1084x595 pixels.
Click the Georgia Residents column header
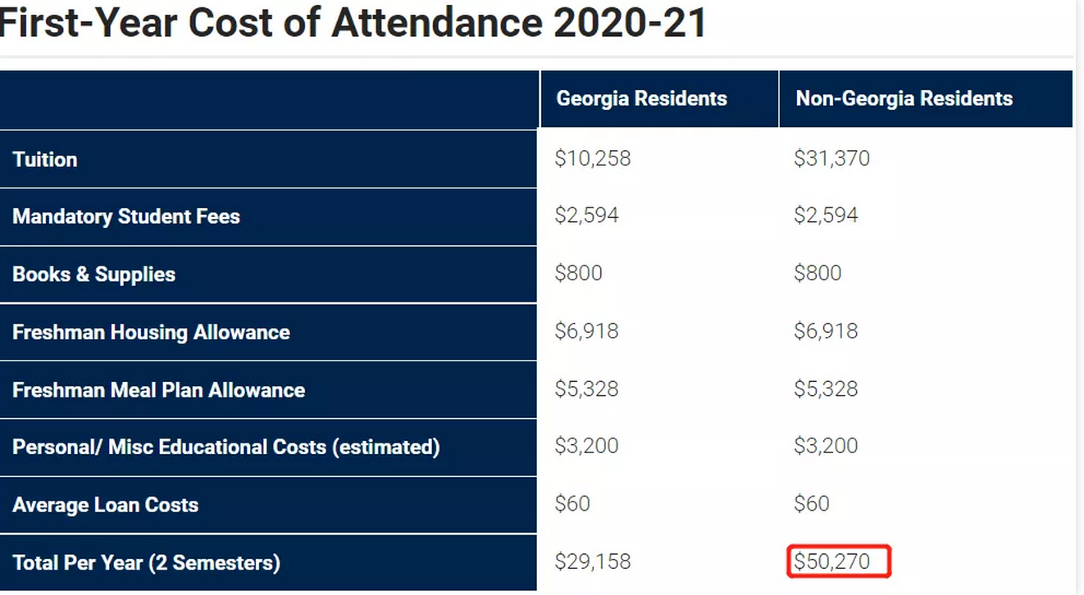pos(641,99)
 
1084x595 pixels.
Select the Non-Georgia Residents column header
pos(904,99)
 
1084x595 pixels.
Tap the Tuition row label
pos(45,159)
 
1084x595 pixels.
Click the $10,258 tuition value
pos(593,158)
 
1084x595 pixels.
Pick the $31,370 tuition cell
pos(831,158)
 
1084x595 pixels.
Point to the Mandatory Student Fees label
pos(126,216)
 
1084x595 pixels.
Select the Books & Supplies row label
pos(93,275)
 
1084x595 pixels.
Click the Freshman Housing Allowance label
pos(151,332)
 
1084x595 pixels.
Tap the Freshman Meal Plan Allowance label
pos(158,390)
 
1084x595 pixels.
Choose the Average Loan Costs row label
pos(105,505)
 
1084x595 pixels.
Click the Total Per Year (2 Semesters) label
pos(146,563)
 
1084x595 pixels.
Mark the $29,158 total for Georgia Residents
pos(593,562)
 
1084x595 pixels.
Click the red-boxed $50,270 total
pos(832,562)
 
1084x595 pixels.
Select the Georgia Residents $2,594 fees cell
pos(586,216)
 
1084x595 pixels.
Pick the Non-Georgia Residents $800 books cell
pos(818,274)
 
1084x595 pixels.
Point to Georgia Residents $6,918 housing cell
pos(586,331)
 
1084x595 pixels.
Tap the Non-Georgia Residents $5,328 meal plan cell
pos(826,389)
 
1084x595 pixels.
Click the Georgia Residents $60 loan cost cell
pos(572,504)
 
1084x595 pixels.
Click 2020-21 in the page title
pos(629,23)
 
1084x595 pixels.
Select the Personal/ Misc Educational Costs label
pos(225,447)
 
